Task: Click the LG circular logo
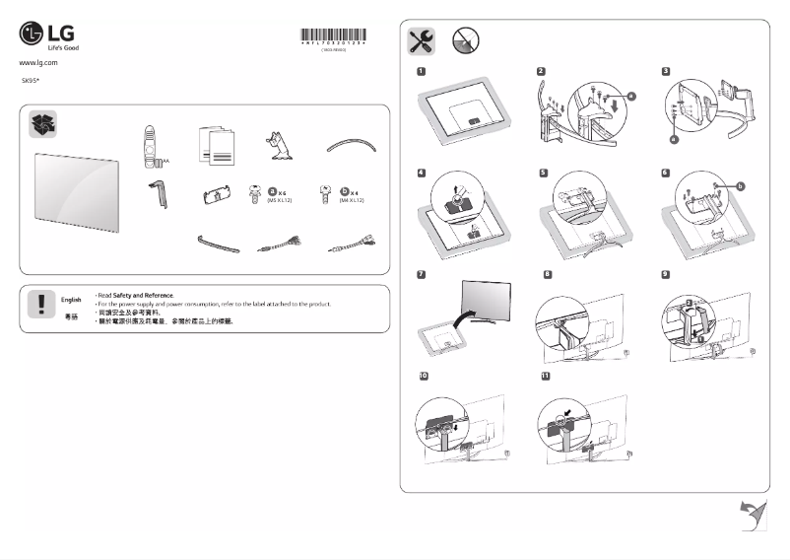[32, 35]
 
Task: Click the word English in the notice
[71, 298]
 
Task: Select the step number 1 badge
[421, 71]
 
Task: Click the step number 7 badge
[421, 272]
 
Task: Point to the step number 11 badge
[545, 377]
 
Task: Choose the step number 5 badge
[544, 173]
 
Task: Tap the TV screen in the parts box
[77, 188]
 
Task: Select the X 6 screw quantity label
[278, 192]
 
